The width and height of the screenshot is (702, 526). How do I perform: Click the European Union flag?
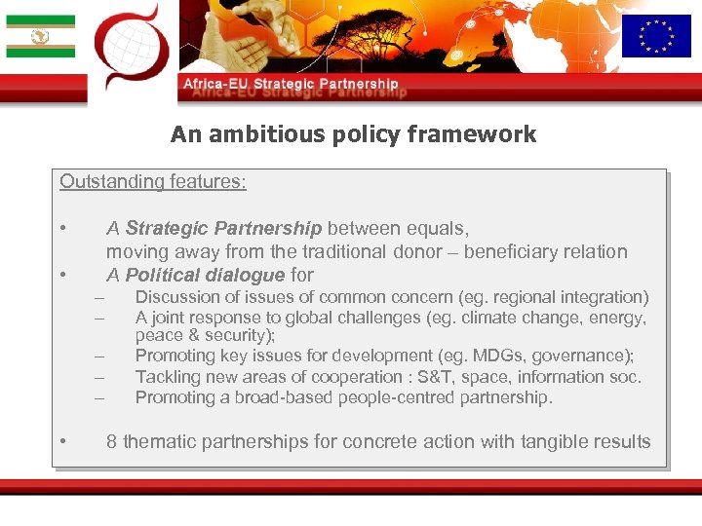[x=655, y=36]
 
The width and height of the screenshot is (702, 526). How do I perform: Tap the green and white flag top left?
[x=40, y=36]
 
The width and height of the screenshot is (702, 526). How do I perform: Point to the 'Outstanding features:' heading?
[x=153, y=181]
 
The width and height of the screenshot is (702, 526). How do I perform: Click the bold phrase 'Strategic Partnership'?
[x=223, y=229]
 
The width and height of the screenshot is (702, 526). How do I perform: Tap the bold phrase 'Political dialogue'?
[x=205, y=275]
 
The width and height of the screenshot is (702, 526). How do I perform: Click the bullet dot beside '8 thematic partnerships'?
[x=61, y=442]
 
